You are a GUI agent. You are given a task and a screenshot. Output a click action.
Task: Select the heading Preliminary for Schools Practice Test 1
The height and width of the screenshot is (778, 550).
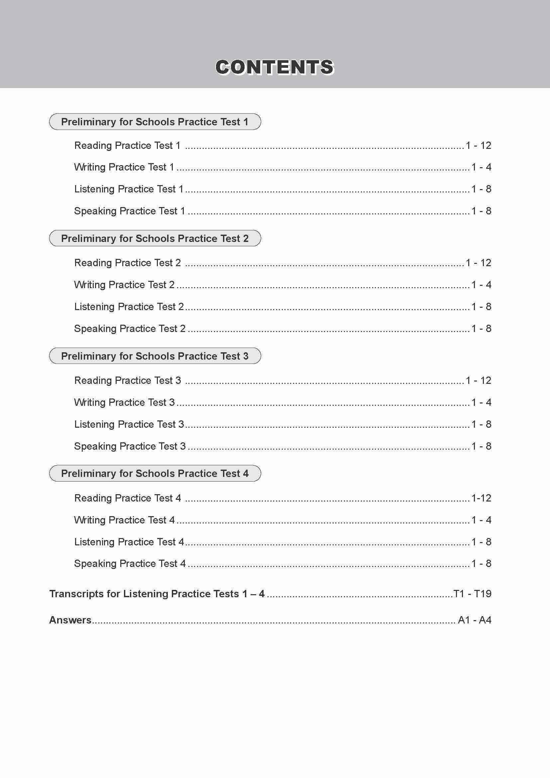pos(155,122)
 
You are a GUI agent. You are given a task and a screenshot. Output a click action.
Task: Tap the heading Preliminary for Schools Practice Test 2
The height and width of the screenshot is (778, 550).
pos(155,238)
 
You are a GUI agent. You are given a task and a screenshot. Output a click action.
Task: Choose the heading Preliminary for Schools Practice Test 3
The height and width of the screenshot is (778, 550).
pos(155,356)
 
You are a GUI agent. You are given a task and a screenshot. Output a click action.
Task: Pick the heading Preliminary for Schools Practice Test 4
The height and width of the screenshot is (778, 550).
pos(155,473)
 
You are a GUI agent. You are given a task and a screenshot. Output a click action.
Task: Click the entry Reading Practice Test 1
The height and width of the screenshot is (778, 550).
pos(127,145)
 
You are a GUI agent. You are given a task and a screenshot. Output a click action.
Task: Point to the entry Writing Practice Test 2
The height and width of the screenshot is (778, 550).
pos(124,284)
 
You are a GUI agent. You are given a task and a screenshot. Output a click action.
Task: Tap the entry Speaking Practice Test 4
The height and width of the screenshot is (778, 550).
pos(130,564)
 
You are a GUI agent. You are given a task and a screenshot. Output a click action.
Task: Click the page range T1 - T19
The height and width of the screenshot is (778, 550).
pos(472,594)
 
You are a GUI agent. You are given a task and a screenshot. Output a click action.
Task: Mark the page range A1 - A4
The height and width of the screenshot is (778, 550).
pos(475,620)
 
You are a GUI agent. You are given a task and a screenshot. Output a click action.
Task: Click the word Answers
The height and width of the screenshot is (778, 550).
pos(70,620)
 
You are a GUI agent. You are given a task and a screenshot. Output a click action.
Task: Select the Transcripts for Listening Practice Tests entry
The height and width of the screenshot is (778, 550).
pos(157,594)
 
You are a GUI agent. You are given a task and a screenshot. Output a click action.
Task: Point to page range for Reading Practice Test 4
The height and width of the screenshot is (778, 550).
pos(481,498)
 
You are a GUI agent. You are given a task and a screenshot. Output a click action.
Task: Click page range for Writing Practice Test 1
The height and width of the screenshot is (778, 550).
pos(481,167)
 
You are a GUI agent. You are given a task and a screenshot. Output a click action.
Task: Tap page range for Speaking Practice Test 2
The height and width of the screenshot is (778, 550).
pos(481,328)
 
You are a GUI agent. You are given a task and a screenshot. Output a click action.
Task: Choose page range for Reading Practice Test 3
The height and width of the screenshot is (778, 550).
pos(478,380)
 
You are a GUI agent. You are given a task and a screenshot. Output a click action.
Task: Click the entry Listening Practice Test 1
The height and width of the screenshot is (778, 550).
pos(129,189)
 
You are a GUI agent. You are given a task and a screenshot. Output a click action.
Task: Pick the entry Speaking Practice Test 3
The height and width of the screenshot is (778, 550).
pos(130,446)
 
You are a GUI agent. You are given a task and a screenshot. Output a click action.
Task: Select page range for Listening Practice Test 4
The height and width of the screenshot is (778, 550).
pos(481,542)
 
